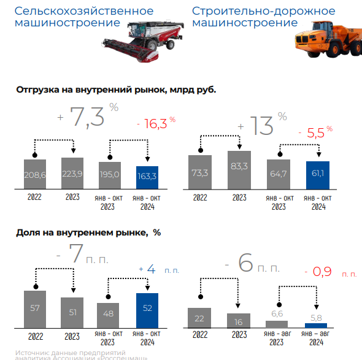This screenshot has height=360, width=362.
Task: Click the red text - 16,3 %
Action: point(155,124)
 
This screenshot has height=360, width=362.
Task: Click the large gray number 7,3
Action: point(87,117)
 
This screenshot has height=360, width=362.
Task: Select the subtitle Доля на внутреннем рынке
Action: point(87,232)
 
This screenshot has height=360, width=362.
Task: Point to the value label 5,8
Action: point(315,318)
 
